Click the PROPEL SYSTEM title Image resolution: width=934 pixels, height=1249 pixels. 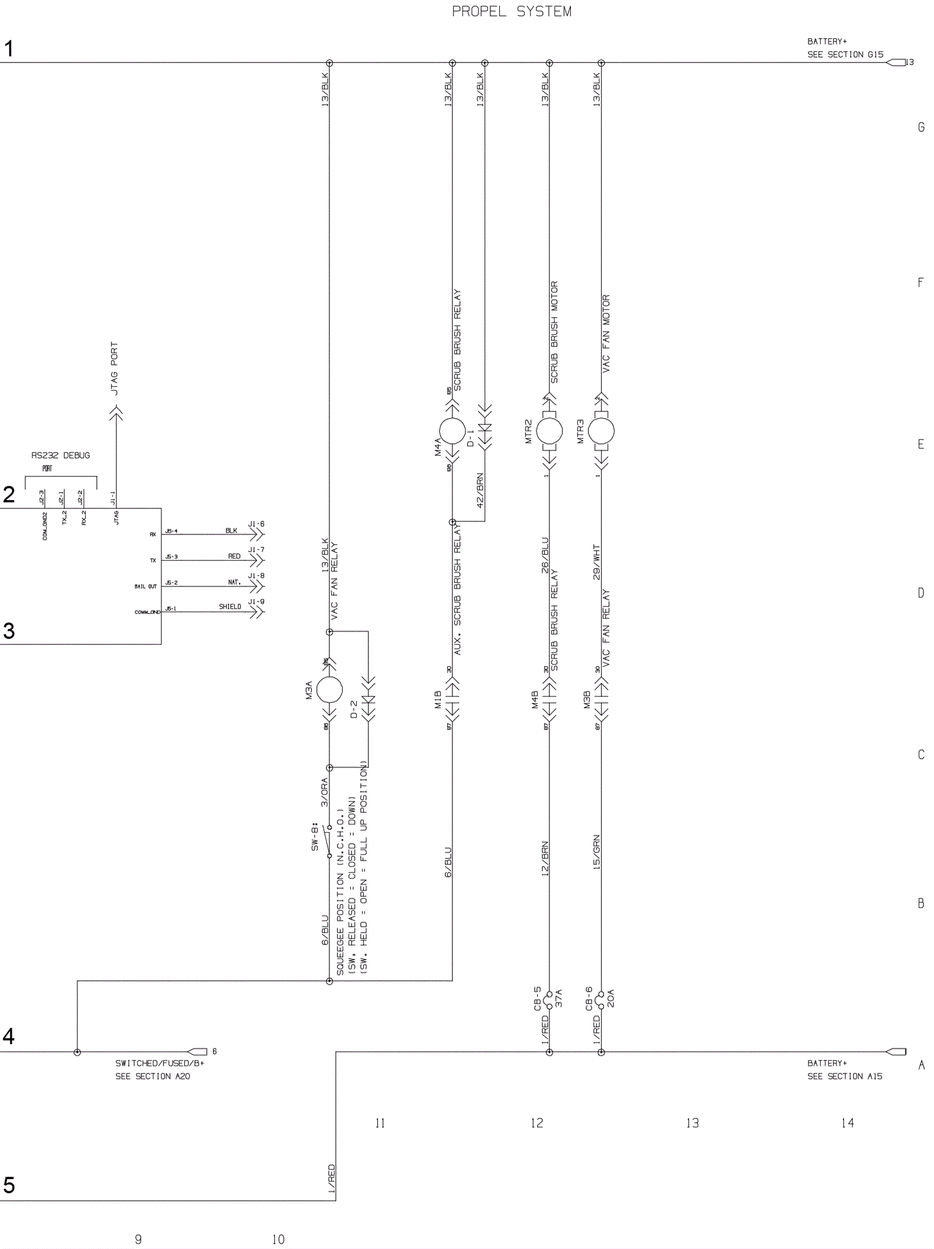pos(511,12)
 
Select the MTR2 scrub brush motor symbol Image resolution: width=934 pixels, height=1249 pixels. pos(549,431)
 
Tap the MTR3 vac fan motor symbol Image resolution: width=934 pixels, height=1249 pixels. pos(601,431)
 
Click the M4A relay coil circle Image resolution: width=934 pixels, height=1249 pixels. pos(452,431)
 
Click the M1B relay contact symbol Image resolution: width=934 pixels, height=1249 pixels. pos(452,698)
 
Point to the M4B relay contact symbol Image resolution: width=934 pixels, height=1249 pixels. pos(549,698)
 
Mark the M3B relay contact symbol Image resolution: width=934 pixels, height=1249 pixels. pos(601,698)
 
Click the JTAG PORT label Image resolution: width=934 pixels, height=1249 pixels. pos(114,368)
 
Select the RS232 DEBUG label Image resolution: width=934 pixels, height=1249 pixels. pos(61,455)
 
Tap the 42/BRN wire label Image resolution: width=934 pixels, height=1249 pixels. pos(480,490)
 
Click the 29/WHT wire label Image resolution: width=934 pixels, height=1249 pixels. pos(596,562)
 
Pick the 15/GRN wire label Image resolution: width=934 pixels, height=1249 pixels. pos(596,852)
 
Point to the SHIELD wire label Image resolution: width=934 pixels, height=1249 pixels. pos(230,606)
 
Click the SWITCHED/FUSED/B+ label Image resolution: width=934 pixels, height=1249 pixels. pos(159,1063)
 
